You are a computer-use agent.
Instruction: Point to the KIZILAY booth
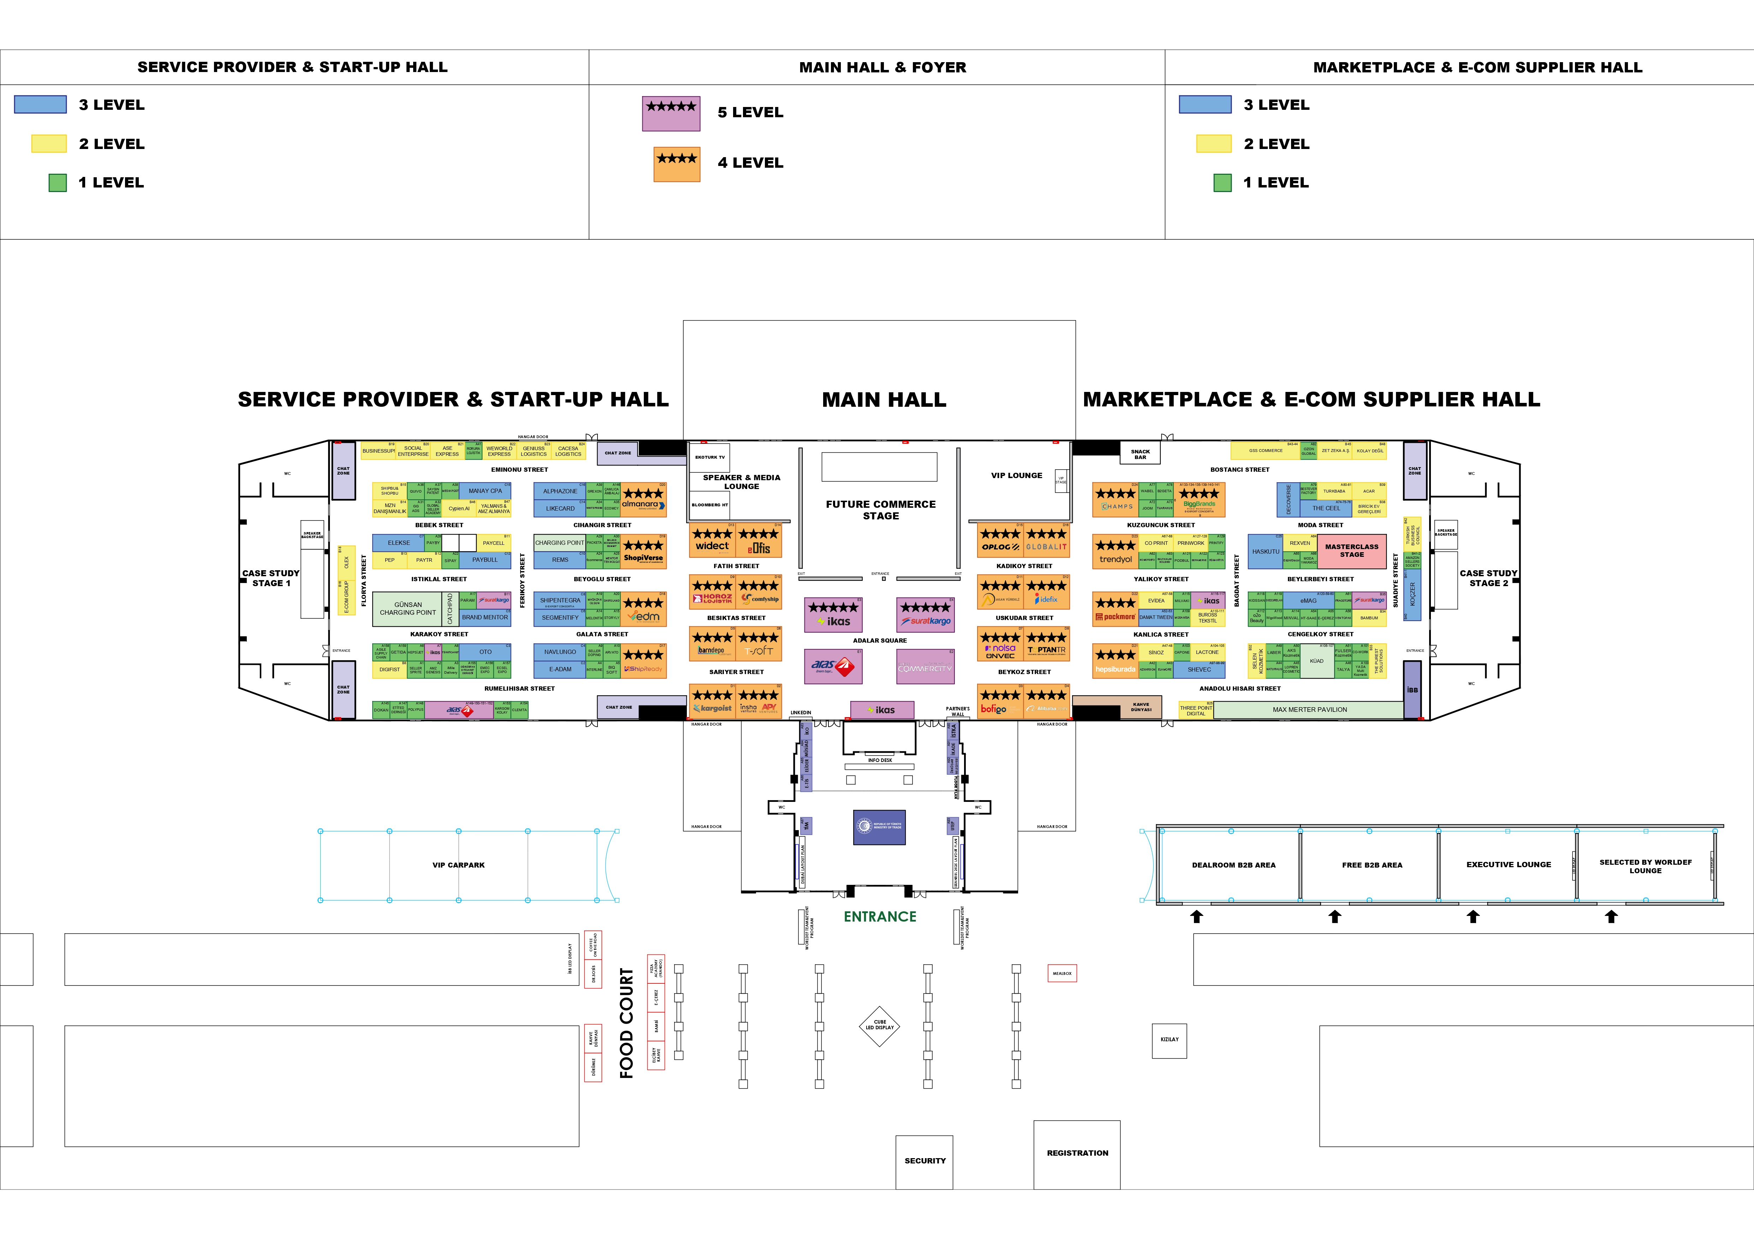(x=1169, y=1040)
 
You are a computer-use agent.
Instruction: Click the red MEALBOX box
(x=1062, y=973)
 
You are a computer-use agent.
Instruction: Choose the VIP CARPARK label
(x=458, y=865)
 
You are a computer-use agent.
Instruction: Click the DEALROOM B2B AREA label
(x=1233, y=865)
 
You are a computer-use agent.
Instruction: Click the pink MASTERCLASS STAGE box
(x=1351, y=551)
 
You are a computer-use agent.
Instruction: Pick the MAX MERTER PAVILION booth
(x=1309, y=710)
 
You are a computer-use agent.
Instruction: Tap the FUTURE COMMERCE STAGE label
(x=880, y=510)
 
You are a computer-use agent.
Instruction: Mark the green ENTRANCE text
(x=879, y=917)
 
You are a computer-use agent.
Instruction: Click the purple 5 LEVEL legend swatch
(x=671, y=114)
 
